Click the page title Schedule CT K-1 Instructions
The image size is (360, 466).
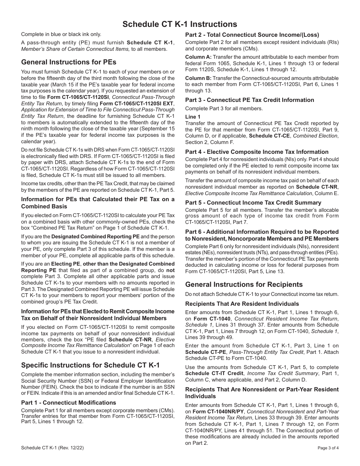pyautogui.click(x=180, y=24)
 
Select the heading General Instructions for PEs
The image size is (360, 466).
pyautogui.click(x=69, y=62)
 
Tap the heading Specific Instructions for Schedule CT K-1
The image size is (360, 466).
pyautogui.click(x=90, y=365)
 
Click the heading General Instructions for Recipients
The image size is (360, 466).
pyautogui.click(x=244, y=285)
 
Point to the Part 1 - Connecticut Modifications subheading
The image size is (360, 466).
pyautogui.click(x=69, y=402)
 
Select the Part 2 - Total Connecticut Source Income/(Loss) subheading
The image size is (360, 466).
pyautogui.click(x=252, y=34)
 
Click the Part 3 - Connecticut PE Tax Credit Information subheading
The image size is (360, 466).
pyautogui.click(x=249, y=100)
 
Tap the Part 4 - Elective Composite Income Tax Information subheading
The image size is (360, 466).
pyautogui.click(x=257, y=152)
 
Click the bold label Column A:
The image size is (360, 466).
pyautogui.click(x=198, y=56)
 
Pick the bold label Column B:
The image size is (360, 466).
pyautogui.click(x=198, y=78)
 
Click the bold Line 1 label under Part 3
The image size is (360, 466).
pyautogui.click(x=193, y=117)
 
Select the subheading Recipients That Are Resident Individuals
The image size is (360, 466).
pyautogui.click(x=242, y=304)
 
